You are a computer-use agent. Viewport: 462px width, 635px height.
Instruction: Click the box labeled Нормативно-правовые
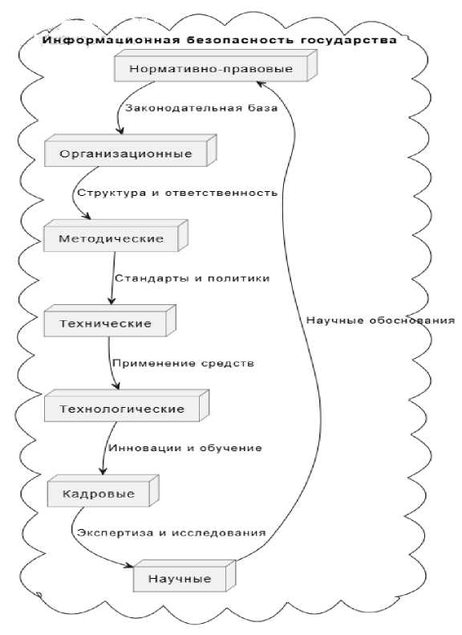point(216,66)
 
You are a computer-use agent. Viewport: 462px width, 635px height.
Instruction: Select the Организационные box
point(130,150)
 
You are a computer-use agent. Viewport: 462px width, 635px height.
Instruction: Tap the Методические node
point(115,236)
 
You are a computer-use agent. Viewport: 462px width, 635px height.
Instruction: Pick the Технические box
point(110,321)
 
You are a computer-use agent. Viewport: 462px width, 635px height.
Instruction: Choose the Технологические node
point(127,405)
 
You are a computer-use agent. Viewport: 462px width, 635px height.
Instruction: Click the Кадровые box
point(103,490)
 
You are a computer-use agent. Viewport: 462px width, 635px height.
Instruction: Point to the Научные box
point(184,576)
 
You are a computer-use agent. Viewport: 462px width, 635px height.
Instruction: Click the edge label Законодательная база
point(201,108)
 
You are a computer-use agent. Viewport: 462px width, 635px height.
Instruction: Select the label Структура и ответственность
point(177,193)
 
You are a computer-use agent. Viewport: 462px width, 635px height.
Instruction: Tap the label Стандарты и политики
point(192,279)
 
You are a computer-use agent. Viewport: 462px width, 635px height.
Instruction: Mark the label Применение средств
point(183,364)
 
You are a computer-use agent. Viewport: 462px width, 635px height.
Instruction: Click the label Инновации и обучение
point(185,448)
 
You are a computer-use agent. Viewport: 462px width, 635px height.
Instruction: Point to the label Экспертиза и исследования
point(172,533)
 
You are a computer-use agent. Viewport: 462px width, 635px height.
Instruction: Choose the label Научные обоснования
point(380,320)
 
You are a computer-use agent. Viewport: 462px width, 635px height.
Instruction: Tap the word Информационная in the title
point(111,40)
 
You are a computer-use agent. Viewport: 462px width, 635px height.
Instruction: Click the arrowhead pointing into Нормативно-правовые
point(261,83)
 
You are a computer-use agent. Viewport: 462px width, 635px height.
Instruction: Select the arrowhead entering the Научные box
point(128,565)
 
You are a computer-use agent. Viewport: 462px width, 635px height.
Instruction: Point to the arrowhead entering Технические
point(111,300)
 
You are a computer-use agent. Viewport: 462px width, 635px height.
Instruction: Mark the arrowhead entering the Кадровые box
point(103,470)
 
